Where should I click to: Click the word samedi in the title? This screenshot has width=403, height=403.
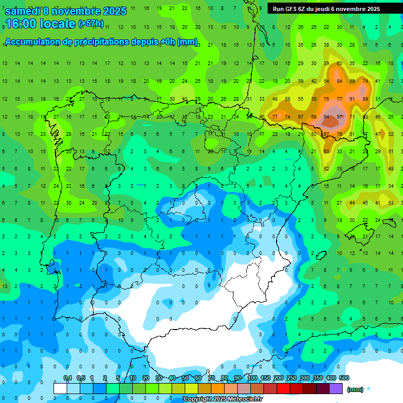tap(22, 11)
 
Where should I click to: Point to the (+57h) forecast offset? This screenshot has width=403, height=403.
tap(91, 24)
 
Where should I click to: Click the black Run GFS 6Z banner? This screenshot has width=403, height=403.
tap(326, 9)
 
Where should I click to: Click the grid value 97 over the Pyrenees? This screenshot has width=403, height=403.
tap(340, 116)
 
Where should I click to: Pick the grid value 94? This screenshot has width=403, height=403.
tap(327, 116)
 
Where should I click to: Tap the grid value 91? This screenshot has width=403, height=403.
tap(352, 99)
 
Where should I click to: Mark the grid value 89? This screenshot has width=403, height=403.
tap(365, 99)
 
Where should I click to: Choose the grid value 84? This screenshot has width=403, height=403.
tap(340, 81)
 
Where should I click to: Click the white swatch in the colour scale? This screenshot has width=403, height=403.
tap(60, 389)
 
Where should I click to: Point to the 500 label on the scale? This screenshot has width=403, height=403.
tap(344, 378)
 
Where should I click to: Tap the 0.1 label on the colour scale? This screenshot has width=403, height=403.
tap(67, 378)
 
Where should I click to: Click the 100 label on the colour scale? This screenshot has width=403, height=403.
tap(252, 378)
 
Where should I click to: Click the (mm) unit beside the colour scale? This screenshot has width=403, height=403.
tap(355, 389)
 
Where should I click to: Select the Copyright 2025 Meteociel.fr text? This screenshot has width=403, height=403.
tap(222, 399)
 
